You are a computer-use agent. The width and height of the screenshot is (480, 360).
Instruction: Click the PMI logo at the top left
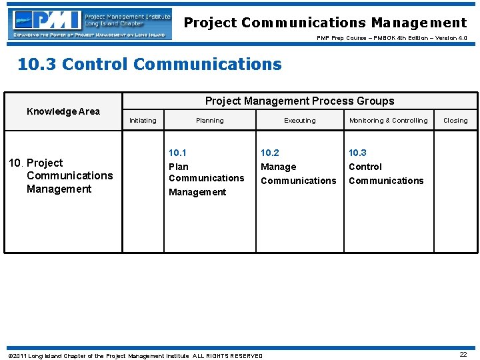(x=90, y=25)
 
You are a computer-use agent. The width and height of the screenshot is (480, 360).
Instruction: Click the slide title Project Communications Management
(x=325, y=23)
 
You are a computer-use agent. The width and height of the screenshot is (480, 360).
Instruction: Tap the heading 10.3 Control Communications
(x=149, y=65)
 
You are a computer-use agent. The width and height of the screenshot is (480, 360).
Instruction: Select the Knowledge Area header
(x=63, y=111)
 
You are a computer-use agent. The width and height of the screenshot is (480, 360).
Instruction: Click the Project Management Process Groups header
(x=299, y=101)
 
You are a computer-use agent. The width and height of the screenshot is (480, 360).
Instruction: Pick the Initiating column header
(x=143, y=121)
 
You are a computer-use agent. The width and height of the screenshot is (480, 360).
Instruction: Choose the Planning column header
(x=210, y=121)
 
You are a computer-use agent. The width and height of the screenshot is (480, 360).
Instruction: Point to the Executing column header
(x=300, y=121)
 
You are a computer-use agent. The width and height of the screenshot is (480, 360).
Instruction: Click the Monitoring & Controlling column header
(x=389, y=121)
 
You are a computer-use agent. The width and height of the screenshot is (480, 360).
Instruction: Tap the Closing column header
(x=455, y=121)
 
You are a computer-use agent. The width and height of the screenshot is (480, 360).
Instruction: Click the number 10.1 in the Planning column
(x=178, y=153)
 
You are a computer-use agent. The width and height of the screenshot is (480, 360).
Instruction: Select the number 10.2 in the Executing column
(x=270, y=153)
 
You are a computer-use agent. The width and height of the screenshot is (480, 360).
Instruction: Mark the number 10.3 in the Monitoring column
(x=358, y=153)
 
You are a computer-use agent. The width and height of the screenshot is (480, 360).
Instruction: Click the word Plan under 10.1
(x=179, y=167)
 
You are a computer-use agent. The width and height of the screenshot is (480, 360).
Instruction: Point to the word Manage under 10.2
(x=279, y=167)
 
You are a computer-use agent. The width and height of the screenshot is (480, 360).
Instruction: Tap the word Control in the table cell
(x=365, y=167)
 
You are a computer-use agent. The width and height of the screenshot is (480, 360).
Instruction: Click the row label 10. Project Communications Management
(x=60, y=176)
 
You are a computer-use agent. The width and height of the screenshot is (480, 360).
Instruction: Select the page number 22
(x=463, y=355)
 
